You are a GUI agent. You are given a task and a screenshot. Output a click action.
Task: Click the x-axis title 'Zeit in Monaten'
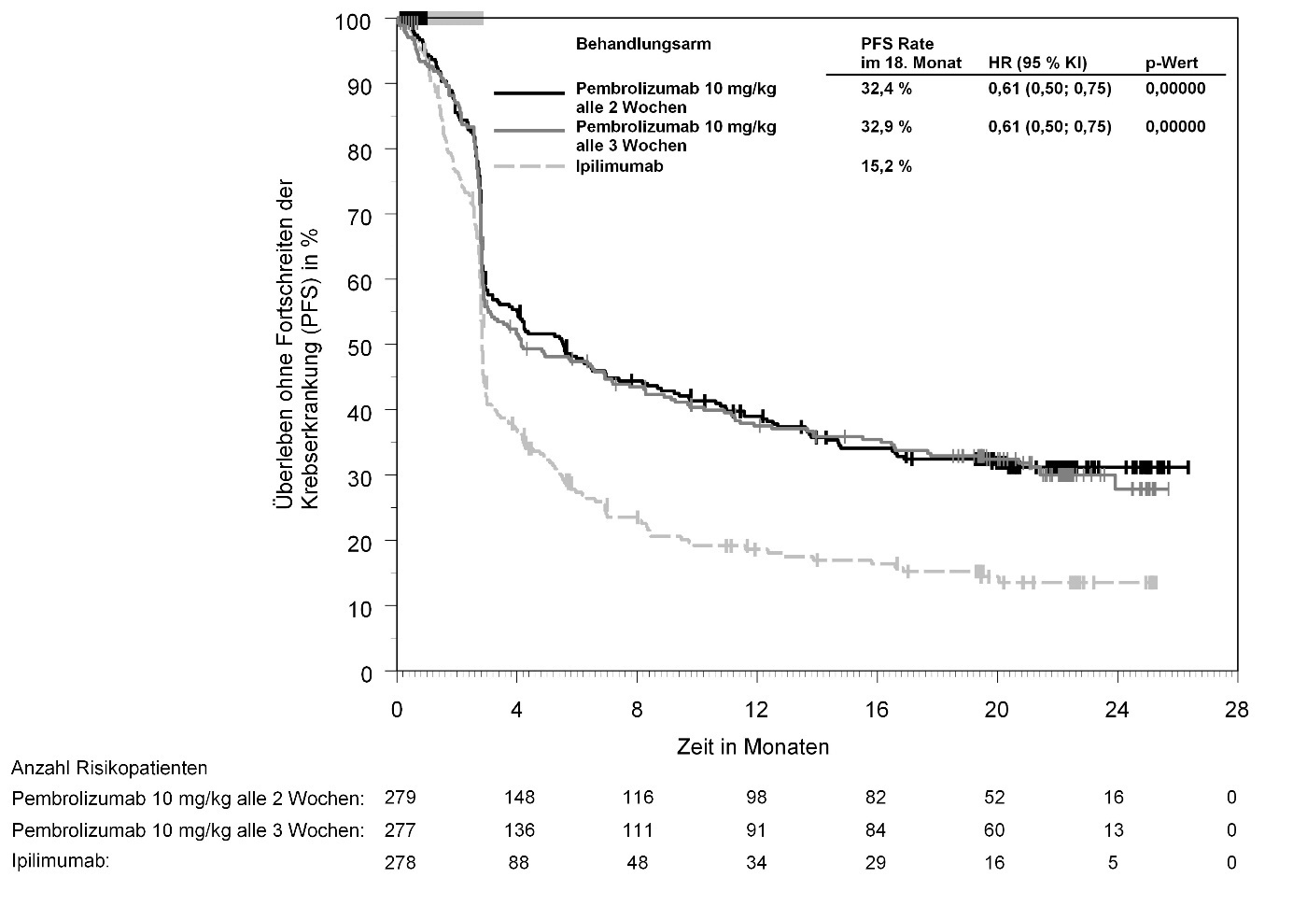click(x=752, y=747)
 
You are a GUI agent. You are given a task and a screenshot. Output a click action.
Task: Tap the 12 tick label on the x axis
click(x=756, y=709)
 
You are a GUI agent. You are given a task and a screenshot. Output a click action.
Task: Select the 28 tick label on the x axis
click(x=1236, y=709)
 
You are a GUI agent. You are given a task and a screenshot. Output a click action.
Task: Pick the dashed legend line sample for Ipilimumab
click(x=529, y=166)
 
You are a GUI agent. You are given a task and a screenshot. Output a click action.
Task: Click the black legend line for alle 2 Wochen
click(x=529, y=93)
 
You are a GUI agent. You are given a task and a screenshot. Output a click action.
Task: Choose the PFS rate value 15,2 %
click(x=886, y=166)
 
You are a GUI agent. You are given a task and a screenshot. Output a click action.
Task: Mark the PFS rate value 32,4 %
click(x=886, y=89)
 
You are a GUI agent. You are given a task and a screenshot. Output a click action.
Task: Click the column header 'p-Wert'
click(x=1172, y=64)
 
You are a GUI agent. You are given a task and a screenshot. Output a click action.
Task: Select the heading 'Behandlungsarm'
click(x=643, y=44)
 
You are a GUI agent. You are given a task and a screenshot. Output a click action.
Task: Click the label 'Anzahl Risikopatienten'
click(x=109, y=768)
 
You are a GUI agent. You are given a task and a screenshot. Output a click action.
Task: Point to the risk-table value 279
click(x=401, y=798)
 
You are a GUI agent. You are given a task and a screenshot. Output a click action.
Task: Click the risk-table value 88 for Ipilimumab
click(x=518, y=862)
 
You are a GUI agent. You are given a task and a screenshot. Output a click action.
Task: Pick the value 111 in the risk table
click(x=638, y=829)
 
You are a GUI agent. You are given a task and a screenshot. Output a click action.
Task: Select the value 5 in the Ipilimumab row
click(x=1113, y=862)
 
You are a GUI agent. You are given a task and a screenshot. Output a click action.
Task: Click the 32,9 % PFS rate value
click(x=886, y=127)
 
